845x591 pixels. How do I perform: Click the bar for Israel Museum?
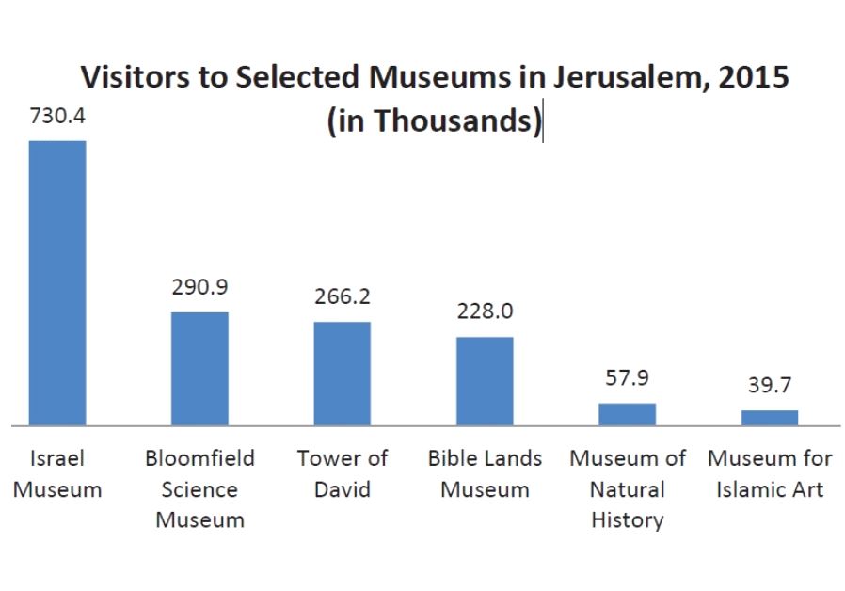point(57,282)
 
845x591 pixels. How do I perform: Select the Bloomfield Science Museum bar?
point(199,368)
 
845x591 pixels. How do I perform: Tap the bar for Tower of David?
point(342,373)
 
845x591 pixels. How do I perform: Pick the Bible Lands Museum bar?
point(485,380)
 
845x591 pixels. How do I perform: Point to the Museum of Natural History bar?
point(627,414)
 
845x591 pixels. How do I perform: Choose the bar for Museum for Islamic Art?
point(769,417)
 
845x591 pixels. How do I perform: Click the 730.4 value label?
point(57,119)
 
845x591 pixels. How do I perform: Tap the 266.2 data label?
point(342,296)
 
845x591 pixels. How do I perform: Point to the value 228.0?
point(485,311)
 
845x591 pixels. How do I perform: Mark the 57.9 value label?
point(627,378)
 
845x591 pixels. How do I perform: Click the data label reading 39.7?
point(769,386)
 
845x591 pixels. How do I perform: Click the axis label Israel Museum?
point(57,474)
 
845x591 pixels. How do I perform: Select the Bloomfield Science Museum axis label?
point(199,489)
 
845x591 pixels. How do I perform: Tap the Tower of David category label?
point(342,474)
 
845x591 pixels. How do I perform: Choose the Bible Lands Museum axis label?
point(485,474)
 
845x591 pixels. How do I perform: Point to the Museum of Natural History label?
point(627,489)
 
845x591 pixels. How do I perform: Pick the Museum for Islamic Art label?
point(769,474)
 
